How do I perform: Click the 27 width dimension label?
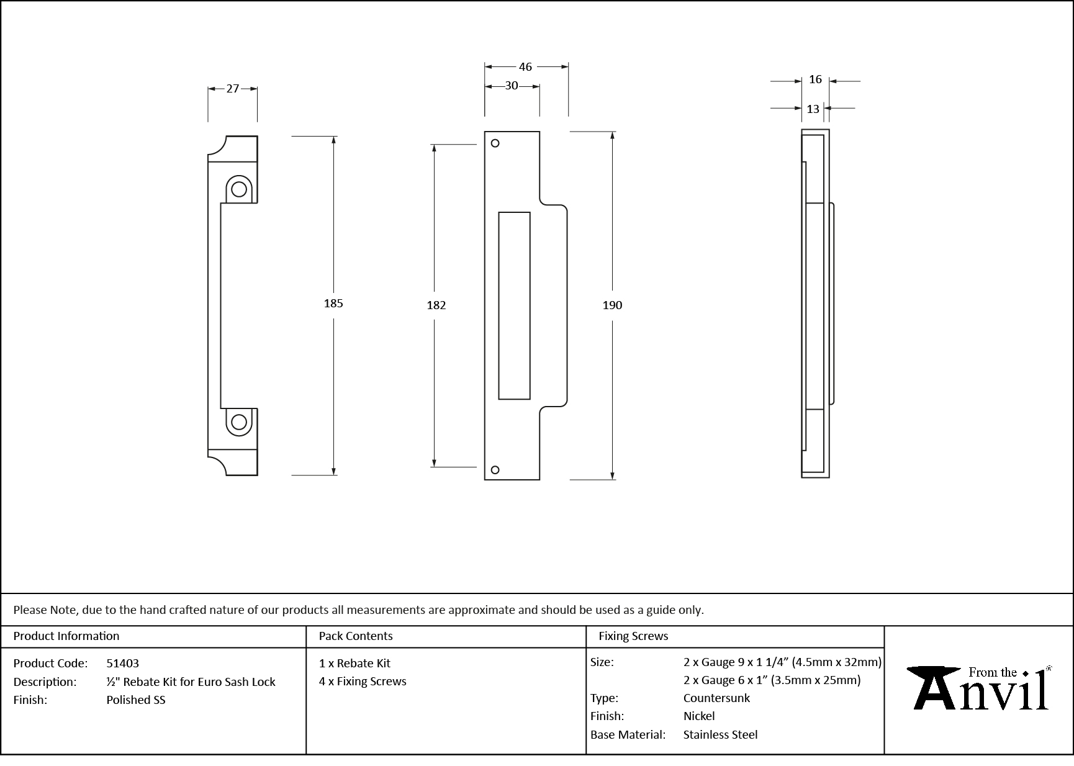point(232,89)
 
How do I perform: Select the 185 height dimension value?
point(333,304)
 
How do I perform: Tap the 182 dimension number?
point(436,305)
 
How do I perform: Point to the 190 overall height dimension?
point(612,305)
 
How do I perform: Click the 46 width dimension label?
point(525,67)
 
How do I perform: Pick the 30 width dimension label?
point(511,86)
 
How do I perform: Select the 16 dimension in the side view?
point(815,79)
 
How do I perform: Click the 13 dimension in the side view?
point(813,109)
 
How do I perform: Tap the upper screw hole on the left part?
point(239,189)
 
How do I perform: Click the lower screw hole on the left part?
point(238,422)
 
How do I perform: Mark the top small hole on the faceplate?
point(495,143)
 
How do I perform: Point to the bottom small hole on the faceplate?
point(495,470)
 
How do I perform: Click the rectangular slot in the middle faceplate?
point(514,305)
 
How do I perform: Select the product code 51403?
point(123,664)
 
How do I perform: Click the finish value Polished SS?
point(136,700)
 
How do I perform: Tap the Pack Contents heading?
point(356,636)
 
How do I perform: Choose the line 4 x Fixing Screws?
point(363,682)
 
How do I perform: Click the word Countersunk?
point(716,698)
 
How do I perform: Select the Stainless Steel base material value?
point(720,735)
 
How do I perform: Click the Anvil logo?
point(979,688)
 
